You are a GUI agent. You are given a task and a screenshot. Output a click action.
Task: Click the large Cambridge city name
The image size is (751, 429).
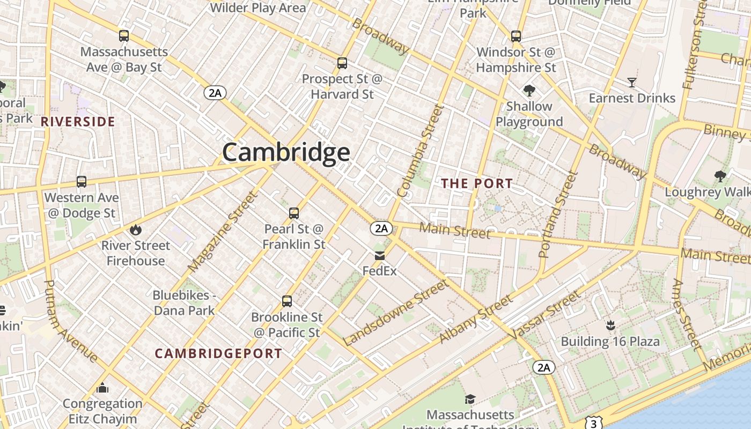(286, 152)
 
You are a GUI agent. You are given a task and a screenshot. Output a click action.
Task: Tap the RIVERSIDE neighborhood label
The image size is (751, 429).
(78, 122)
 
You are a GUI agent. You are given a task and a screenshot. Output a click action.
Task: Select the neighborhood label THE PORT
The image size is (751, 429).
(477, 183)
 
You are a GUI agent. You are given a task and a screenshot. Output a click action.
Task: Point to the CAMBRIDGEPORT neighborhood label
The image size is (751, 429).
(218, 353)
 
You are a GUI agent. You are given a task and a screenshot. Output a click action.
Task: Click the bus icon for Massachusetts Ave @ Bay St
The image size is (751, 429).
(124, 36)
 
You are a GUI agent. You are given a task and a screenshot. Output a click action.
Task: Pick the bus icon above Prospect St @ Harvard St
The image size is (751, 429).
(342, 63)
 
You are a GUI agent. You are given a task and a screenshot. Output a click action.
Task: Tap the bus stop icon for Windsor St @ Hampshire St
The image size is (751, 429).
(516, 36)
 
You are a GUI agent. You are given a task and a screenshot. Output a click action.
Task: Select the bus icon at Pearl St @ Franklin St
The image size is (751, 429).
(294, 213)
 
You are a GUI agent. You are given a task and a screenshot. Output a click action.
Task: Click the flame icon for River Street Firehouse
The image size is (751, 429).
(136, 230)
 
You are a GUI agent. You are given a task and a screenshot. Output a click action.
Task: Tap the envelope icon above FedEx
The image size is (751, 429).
(380, 256)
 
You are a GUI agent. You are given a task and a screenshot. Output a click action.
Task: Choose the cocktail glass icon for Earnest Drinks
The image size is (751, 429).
(632, 83)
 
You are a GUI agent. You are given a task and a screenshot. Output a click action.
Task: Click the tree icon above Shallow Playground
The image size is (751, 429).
(529, 90)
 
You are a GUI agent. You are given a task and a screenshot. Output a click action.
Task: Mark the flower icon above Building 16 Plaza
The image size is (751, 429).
(610, 325)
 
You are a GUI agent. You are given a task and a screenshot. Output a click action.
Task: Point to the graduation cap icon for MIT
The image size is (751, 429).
(470, 399)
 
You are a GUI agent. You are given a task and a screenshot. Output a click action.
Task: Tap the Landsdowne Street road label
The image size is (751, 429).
(395, 313)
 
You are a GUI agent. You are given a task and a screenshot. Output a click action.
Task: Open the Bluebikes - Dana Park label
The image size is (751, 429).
(184, 302)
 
